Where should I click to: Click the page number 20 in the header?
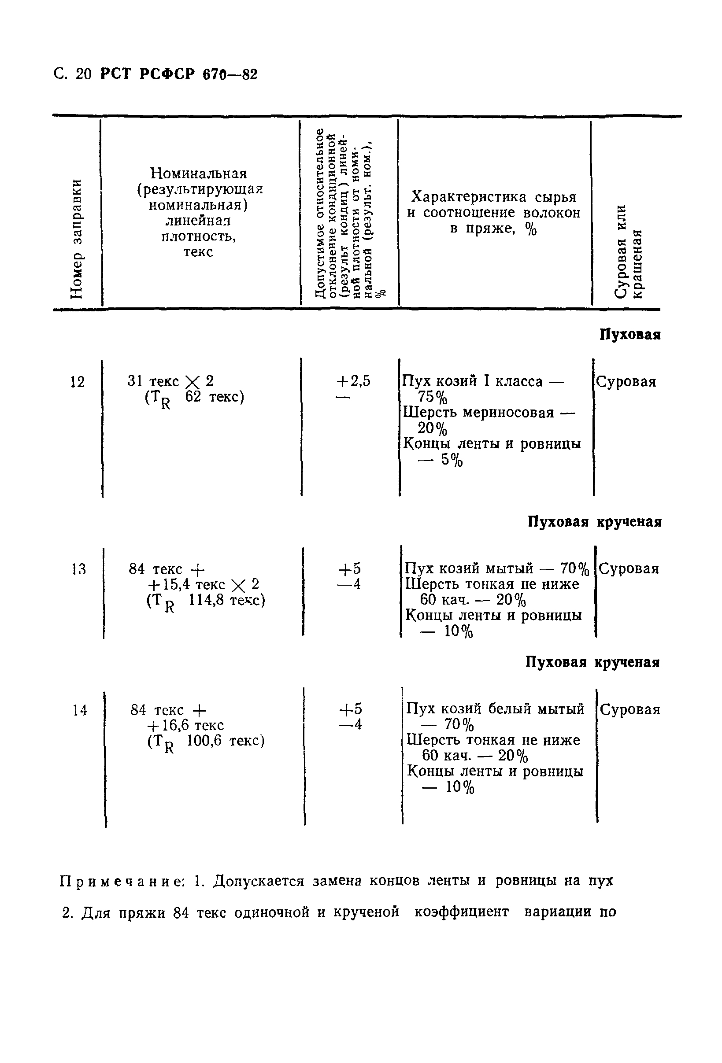(84, 74)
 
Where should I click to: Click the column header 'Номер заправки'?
(77, 239)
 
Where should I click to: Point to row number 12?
(78, 382)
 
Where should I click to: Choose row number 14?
(80, 710)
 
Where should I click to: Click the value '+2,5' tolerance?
(353, 381)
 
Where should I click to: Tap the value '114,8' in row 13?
(206, 600)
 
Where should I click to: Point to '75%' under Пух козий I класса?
(433, 397)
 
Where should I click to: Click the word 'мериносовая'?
(508, 413)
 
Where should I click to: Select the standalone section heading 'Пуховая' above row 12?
(629, 335)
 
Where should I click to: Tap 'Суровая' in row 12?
(626, 381)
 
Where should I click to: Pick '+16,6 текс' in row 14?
(185, 725)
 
